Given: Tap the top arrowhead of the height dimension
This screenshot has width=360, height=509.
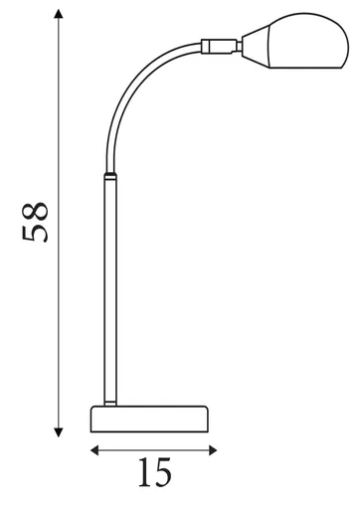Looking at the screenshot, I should (59, 14).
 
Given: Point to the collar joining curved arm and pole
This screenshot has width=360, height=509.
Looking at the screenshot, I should (109, 178).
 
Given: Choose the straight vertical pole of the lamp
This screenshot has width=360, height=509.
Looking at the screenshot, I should (109, 288).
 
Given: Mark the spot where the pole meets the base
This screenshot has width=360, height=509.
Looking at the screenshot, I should (109, 403).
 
